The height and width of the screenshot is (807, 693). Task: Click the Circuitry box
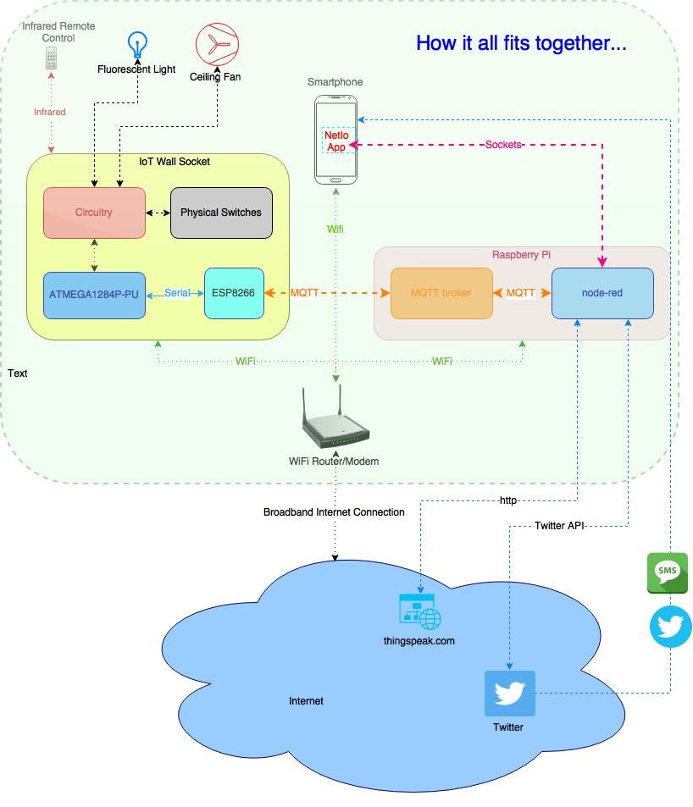click(x=94, y=213)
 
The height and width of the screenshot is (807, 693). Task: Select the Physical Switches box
click(x=221, y=213)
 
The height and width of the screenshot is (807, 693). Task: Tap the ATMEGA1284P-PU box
click(x=94, y=294)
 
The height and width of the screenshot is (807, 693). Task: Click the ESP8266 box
click(x=234, y=294)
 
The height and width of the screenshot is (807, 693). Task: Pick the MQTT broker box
click(x=441, y=293)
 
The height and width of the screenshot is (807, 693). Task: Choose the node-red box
click(x=602, y=293)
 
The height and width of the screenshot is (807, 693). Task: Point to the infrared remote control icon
click(x=53, y=58)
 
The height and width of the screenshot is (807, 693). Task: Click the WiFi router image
click(x=335, y=421)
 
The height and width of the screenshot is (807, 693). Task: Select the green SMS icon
click(x=668, y=573)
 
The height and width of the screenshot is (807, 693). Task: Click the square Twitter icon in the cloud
click(x=509, y=694)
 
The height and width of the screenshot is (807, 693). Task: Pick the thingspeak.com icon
click(x=419, y=611)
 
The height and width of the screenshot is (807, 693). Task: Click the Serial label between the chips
click(x=178, y=294)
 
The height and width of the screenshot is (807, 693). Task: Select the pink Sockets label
click(x=503, y=145)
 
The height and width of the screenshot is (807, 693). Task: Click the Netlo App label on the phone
click(x=336, y=141)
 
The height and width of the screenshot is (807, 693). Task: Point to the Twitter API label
click(x=560, y=526)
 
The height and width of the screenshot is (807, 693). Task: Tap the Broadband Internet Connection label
click(x=334, y=512)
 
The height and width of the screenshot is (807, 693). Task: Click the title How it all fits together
click(x=521, y=44)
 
